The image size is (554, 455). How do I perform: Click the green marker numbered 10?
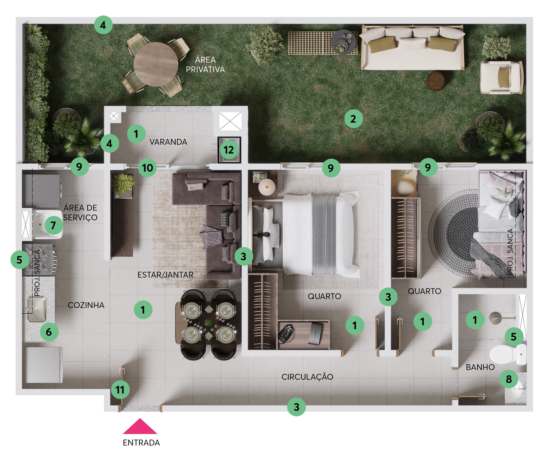click(x=147, y=168)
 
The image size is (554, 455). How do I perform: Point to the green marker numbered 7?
click(x=53, y=225)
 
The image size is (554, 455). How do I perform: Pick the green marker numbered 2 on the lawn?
click(x=353, y=119)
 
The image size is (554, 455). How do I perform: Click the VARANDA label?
click(x=168, y=142)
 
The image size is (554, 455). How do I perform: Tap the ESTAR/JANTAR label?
click(x=165, y=275)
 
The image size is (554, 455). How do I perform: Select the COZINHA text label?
click(x=86, y=305)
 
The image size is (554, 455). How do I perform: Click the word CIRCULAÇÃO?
click(x=307, y=377)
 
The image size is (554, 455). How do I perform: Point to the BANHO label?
click(x=480, y=367)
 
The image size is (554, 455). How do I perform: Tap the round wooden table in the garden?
click(x=156, y=64)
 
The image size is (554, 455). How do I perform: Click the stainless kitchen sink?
click(x=37, y=309)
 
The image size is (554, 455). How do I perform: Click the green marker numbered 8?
click(x=509, y=379)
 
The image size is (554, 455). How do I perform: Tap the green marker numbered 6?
click(x=49, y=332)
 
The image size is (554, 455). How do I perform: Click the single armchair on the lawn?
click(x=501, y=78)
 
